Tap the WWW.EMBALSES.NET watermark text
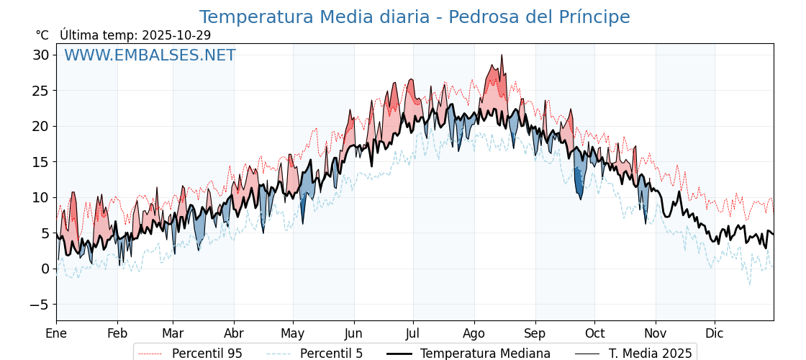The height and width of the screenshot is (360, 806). pos(150,55)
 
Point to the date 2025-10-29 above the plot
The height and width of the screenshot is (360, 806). pos(176,35)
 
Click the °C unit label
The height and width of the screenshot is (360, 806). pos(42,35)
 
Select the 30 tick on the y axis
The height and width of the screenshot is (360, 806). pos(40,55)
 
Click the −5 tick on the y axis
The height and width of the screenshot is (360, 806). pos(39,305)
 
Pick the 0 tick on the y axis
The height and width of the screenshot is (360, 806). pos(45,269)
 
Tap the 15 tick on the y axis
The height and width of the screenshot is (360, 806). pos(40,162)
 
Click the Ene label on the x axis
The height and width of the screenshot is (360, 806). pos(56,333)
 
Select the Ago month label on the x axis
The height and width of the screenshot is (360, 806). pos(474,333)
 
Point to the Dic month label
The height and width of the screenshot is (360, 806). pos(715,333)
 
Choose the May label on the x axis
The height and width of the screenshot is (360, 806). pos(293,333)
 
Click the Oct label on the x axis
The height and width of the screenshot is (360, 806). pos(594,333)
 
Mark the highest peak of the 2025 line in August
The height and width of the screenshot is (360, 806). pos(502,55)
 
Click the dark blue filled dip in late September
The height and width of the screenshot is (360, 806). pos(579,183)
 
